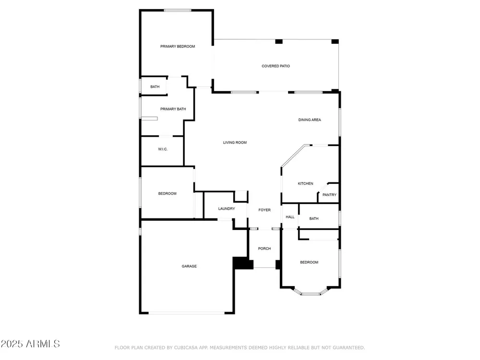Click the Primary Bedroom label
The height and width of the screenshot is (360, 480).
178,47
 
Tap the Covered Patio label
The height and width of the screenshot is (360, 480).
276,66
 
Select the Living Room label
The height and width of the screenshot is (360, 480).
235,143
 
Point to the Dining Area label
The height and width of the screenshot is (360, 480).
310,120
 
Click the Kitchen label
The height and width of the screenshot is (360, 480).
305,184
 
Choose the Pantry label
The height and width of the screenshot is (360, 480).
329,195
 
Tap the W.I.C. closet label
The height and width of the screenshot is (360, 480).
163,149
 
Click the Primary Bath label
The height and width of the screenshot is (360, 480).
173,109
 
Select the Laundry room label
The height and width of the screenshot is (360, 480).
227,209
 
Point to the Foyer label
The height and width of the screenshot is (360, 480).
264,210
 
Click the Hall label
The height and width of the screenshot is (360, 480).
290,217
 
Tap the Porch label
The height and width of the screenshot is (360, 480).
264,249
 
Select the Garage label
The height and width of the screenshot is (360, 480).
189,266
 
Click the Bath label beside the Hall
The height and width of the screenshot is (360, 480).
314,218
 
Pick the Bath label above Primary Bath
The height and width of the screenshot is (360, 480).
155,87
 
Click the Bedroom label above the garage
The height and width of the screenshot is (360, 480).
167,193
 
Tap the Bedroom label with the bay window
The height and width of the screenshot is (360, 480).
309,263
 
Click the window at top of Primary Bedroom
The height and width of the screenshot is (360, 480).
178,11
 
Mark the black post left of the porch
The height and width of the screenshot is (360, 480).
243,263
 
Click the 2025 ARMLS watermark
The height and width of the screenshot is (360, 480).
30,344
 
